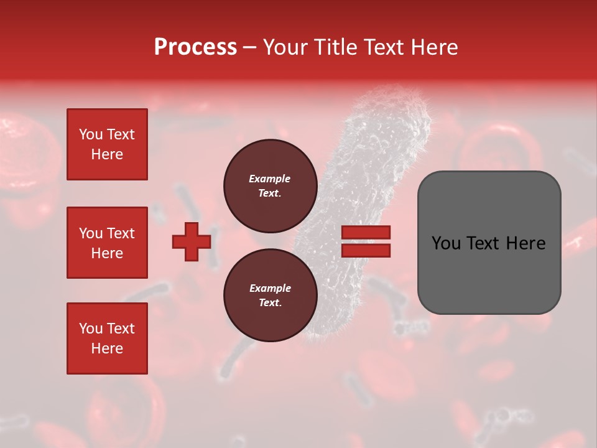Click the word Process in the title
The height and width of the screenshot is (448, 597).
coord(195,47)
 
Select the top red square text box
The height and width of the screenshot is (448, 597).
coord(107,144)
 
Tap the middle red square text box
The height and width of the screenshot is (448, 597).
coord(107,243)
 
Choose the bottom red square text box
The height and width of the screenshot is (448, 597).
coord(107,338)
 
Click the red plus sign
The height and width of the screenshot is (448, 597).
coord(192,242)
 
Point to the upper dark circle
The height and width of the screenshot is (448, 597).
coord(270,186)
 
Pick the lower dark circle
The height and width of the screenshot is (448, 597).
coord(270,296)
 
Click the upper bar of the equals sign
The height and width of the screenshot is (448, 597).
coord(366,232)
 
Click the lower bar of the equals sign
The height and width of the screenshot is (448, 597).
coord(366,251)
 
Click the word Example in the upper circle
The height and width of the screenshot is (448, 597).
coord(270,179)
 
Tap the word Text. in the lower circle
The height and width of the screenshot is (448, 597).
coord(270,303)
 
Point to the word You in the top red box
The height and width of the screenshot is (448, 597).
coord(91,134)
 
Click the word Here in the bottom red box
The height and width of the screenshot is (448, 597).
coord(107,348)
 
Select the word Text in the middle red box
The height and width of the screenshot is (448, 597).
coord(121,233)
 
